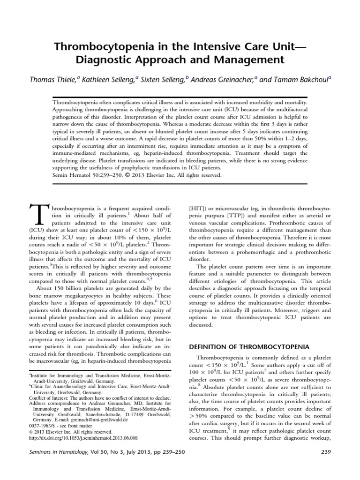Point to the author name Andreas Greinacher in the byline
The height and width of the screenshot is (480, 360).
point(221,79)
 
